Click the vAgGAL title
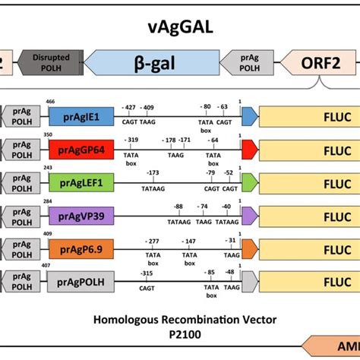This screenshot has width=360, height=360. [x=179, y=28]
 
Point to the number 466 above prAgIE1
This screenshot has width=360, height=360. [x=50, y=102]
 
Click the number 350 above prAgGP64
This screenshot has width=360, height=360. [x=49, y=134]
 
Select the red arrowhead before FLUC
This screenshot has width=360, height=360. [x=249, y=150]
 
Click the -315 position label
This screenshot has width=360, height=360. [x=145, y=273]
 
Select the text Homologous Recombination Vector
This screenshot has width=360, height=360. [x=180, y=319]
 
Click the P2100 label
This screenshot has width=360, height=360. [x=180, y=334]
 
